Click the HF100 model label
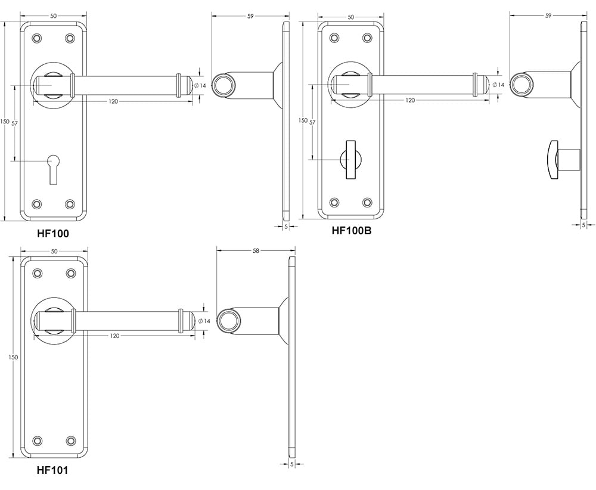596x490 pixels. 53,234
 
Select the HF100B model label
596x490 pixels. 351,231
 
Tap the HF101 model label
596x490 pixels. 52,470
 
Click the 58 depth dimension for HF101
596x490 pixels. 256,252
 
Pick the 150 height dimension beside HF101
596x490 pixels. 13,357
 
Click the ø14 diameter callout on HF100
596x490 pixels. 201,86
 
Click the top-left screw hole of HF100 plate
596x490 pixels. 37,38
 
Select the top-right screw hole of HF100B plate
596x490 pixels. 367,38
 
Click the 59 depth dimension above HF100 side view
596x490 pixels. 250,17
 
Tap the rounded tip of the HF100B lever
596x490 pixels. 486,85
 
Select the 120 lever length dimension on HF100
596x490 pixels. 113,101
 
